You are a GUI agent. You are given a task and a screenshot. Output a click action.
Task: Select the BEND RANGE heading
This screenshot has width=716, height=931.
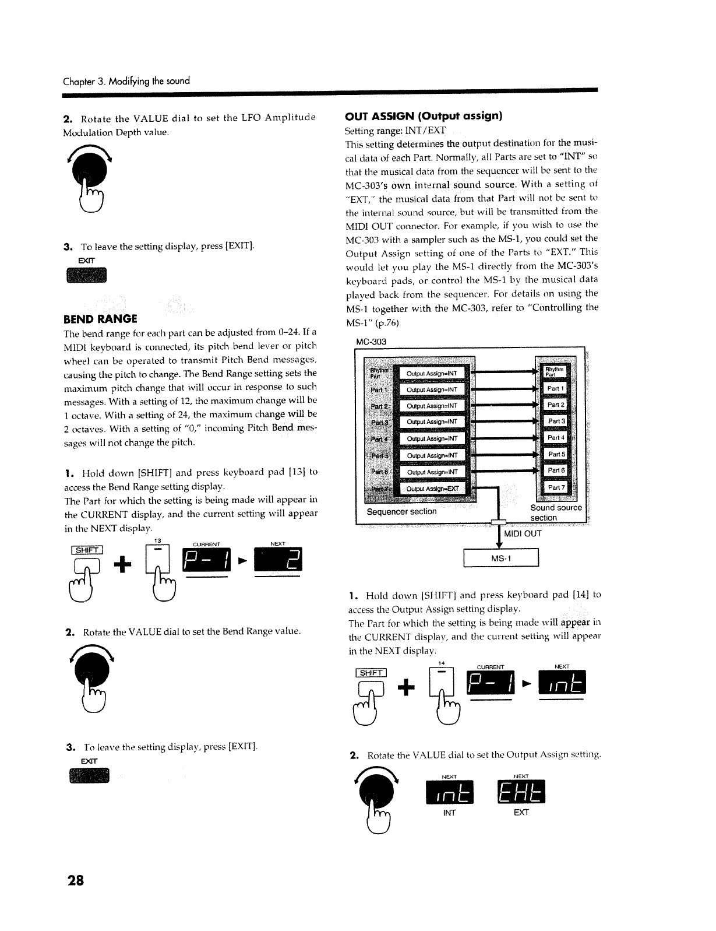coord(100,319)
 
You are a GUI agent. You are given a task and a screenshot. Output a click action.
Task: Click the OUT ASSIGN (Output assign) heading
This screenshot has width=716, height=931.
coord(423,115)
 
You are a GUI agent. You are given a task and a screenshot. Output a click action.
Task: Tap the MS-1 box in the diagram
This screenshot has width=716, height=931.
coord(500,558)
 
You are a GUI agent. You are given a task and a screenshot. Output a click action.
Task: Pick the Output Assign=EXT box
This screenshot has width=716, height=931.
coord(432,489)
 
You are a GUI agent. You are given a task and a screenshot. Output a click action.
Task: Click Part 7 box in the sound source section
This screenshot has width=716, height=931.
coord(556,487)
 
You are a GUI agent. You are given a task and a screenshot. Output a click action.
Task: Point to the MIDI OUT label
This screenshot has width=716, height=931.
coord(523,533)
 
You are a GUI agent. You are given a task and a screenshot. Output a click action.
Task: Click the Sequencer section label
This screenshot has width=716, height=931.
coord(401,511)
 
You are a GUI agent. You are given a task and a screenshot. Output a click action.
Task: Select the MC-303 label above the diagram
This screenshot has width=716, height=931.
coord(371,342)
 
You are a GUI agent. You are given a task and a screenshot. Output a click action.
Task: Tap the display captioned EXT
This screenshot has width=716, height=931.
coord(521,792)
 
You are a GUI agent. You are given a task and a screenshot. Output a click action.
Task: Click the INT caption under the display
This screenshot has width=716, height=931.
coord(449,813)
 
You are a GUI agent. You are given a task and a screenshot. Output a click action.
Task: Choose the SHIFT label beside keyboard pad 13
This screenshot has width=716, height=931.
coord(87,550)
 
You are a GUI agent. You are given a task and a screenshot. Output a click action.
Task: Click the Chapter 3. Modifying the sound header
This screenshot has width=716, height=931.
coord(126,80)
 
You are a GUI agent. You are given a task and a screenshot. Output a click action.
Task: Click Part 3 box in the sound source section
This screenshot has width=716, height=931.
coord(556,421)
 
